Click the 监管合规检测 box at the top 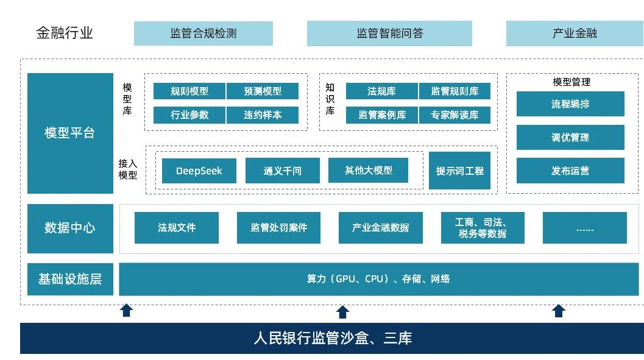click(x=203, y=34)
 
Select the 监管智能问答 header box click(x=389, y=34)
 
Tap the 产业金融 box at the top click(x=574, y=34)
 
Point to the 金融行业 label click(x=65, y=33)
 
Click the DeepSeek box click(x=199, y=171)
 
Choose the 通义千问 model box click(x=282, y=171)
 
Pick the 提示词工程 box click(x=459, y=171)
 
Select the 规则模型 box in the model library click(x=189, y=91)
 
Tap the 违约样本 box click(x=263, y=115)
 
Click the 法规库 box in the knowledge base click(x=381, y=91)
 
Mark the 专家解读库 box click(x=455, y=115)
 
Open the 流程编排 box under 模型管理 click(x=570, y=104)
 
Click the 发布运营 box click(x=570, y=171)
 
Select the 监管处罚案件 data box click(x=278, y=228)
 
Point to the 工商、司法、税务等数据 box click(x=482, y=228)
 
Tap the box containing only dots click(x=584, y=228)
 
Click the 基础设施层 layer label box click(x=70, y=280)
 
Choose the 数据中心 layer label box click(x=70, y=228)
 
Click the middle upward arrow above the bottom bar click(x=342, y=312)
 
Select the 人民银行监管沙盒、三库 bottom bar click(x=332, y=338)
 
